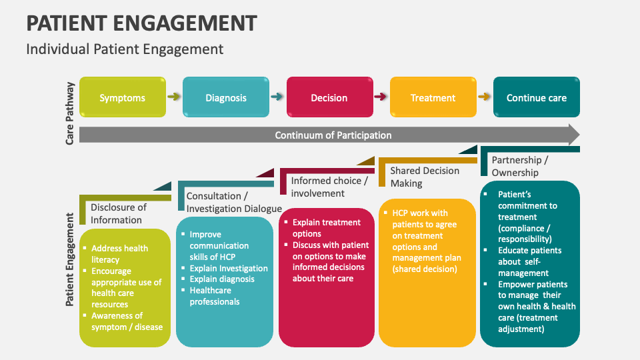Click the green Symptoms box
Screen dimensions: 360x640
(x=123, y=97)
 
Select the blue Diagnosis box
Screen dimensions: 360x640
(x=226, y=97)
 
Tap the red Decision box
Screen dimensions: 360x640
(x=329, y=97)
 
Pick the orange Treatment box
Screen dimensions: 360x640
(x=433, y=97)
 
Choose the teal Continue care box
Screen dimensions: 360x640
(x=537, y=97)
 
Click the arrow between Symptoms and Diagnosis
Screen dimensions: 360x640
(x=174, y=97)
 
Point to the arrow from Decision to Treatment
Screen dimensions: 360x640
(x=381, y=97)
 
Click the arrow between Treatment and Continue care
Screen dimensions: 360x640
(x=485, y=97)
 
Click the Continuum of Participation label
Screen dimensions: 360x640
(x=333, y=135)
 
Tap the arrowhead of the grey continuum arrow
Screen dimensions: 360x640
(x=572, y=135)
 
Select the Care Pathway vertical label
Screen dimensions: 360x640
(x=70, y=113)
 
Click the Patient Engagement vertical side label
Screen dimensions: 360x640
(x=70, y=260)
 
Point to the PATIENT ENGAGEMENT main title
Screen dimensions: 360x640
(x=141, y=23)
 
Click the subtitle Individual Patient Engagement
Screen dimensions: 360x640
(x=125, y=49)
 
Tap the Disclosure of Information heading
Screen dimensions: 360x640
(x=119, y=213)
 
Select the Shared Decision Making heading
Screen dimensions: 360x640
(x=425, y=177)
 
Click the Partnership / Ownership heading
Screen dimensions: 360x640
(x=520, y=166)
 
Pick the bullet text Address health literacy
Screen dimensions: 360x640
(x=120, y=254)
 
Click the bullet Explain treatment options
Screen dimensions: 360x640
(x=327, y=228)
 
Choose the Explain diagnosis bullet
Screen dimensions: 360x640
(x=222, y=279)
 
